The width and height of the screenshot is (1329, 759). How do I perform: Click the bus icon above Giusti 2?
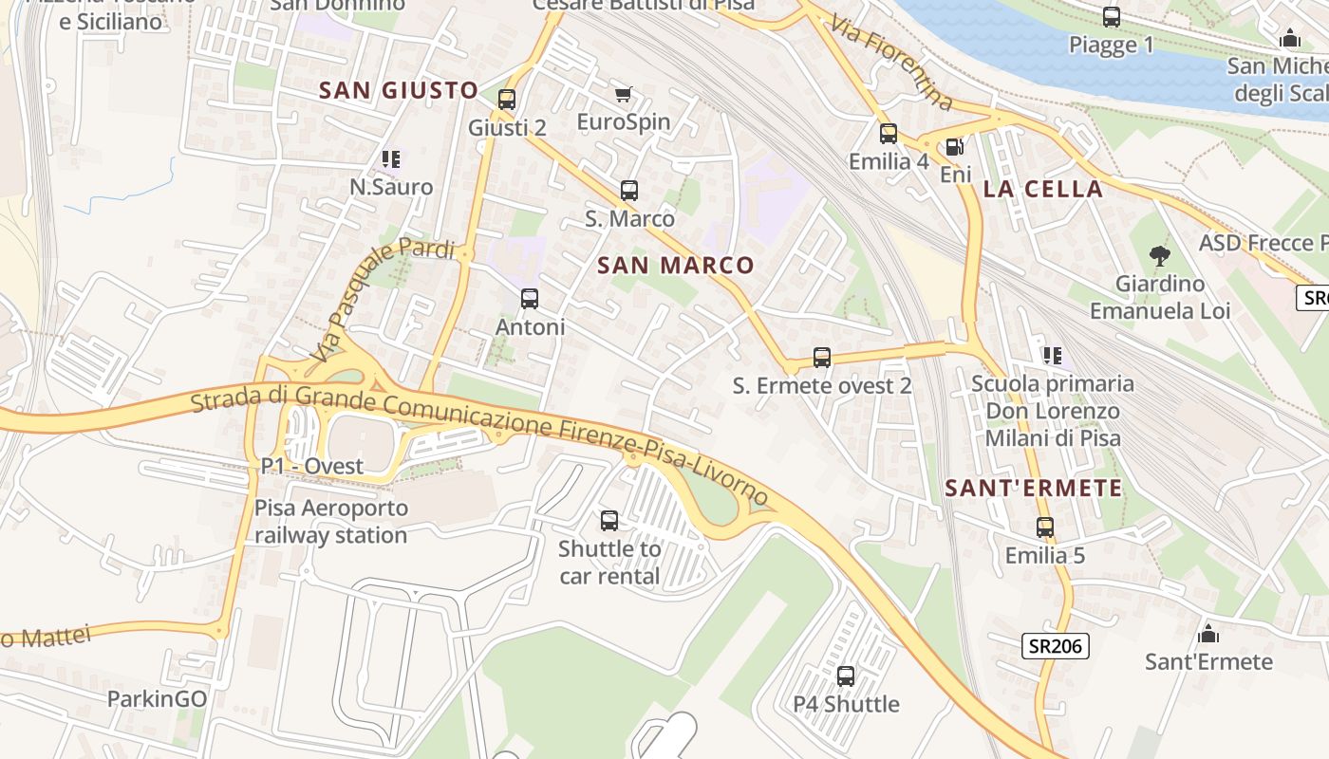tap(507, 99)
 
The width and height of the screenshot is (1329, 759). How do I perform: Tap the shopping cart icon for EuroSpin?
tap(623, 94)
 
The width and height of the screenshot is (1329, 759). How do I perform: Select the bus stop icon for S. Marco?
tap(628, 191)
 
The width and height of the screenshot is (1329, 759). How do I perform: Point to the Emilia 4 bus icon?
tap(889, 134)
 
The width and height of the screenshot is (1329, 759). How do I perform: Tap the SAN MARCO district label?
tap(676, 266)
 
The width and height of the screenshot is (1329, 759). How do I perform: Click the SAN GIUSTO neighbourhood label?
tap(399, 90)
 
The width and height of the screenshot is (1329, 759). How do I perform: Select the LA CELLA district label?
tap(1043, 189)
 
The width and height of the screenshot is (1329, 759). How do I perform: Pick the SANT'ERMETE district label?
tap(1034, 489)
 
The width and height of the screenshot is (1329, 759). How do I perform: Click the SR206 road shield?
tap(1056, 646)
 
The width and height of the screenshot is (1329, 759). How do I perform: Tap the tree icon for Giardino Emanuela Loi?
tap(1159, 255)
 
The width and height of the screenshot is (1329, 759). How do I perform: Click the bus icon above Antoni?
tap(530, 299)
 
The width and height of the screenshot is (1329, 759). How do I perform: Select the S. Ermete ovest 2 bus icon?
tap(822, 358)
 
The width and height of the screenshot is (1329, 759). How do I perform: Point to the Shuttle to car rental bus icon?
tap(609, 521)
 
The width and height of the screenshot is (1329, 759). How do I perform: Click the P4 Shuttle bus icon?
tap(846, 676)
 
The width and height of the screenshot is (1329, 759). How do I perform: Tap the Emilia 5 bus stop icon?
tap(1045, 528)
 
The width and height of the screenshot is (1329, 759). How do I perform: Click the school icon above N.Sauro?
tap(390, 159)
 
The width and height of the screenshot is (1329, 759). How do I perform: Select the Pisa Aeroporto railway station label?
tap(331, 521)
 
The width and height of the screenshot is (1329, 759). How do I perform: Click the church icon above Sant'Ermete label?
tap(1208, 633)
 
